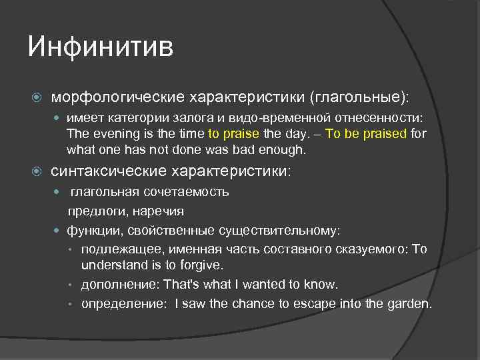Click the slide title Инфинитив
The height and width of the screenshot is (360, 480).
(101, 47)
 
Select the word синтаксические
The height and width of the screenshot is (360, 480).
(110, 172)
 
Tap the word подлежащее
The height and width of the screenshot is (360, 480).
(116, 249)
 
